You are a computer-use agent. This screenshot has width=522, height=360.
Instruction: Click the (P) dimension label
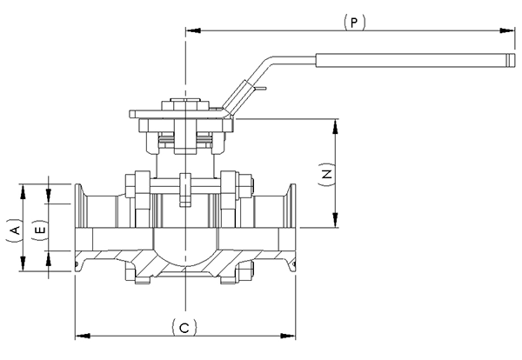point(352,21)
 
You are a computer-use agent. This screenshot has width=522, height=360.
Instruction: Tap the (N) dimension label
point(326,174)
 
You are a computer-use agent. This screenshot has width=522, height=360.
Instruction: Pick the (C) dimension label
point(185,327)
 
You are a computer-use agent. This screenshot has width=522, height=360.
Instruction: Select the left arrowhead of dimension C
point(81,333)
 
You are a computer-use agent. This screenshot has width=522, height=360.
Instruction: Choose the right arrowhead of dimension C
point(293,333)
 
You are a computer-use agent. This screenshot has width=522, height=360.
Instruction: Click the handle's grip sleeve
point(413,61)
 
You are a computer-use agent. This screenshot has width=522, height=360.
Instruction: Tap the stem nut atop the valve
point(186,107)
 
